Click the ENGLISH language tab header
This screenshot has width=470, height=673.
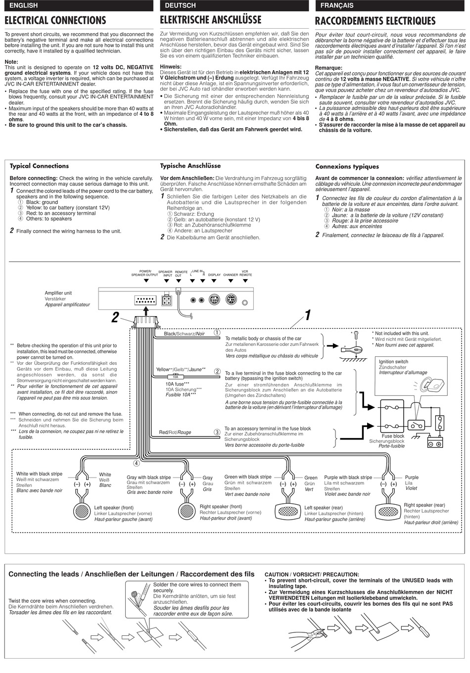pyautogui.click(x=24, y=5)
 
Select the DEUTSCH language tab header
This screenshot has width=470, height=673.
pyautogui.click(x=180, y=5)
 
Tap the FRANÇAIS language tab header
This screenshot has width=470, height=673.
pyautogui.click(x=336, y=5)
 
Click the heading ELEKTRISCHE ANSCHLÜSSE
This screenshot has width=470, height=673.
pyautogui.click(x=211, y=20)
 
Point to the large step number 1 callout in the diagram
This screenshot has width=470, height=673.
pyautogui.click(x=307, y=315)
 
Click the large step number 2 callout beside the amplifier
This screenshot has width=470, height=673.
pyautogui.click(x=115, y=317)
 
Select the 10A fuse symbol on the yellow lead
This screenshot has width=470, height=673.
pyautogui.click(x=175, y=377)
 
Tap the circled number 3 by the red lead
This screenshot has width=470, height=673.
pyautogui.click(x=217, y=432)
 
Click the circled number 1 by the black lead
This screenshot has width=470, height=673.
pyautogui.click(x=217, y=333)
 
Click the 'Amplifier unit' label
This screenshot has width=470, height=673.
pyautogui.click(x=58, y=293)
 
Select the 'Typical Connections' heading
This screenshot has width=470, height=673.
pyautogui.click(x=40, y=166)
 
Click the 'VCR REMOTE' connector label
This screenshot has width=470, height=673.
pyautogui.click(x=245, y=273)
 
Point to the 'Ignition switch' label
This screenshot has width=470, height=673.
pyautogui.click(x=393, y=362)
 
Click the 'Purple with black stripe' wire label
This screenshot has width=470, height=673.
pyautogui.click(x=348, y=478)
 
